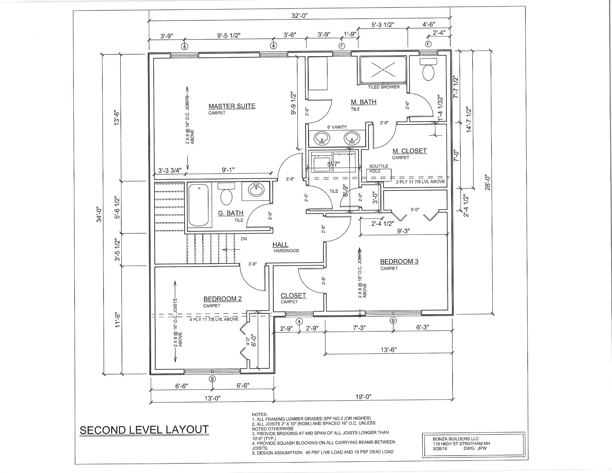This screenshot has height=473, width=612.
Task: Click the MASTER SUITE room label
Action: [x=232, y=106]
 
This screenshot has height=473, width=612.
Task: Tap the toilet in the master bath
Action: [x=428, y=72]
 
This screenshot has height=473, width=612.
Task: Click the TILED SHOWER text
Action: [x=384, y=87]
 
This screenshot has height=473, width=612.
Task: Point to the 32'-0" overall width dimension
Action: [x=299, y=16]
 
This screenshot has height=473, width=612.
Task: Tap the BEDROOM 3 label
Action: [x=399, y=262]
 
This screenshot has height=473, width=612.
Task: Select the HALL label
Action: [x=280, y=245]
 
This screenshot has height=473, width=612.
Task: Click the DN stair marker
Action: [x=244, y=239]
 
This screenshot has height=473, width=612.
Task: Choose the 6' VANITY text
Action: [x=337, y=127]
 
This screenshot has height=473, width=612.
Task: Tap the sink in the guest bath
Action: [x=256, y=190]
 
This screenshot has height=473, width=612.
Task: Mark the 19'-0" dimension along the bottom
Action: [x=363, y=396]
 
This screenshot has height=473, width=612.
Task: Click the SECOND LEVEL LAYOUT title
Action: [x=144, y=430]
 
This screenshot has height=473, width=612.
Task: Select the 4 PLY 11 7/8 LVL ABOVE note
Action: [x=214, y=319]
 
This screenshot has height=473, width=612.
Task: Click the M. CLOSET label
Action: [x=409, y=151]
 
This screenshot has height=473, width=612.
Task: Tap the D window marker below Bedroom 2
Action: [x=212, y=379]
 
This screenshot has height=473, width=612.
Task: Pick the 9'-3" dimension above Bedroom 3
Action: [x=403, y=231]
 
